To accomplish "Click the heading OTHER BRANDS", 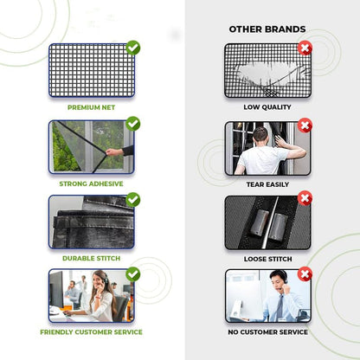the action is coord(267,29).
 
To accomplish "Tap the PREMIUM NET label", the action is coord(91,107).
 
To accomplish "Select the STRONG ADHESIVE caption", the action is coord(91,183).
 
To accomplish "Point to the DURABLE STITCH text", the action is coord(91,258).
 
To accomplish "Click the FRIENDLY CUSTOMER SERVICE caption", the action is coord(91,332).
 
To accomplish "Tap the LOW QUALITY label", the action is coord(267,107).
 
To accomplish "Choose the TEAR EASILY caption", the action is coord(267,184).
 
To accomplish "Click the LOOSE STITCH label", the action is coord(267,259).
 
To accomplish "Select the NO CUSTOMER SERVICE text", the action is coord(267,332).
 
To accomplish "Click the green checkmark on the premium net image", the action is coord(133,48).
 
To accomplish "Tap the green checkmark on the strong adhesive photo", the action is coord(133,124).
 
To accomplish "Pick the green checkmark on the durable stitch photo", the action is coord(133,200).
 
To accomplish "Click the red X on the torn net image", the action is coord(305,48).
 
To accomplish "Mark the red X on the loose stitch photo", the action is coord(305,198).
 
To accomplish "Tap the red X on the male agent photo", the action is coord(305,274).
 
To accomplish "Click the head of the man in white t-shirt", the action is coord(260,134).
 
